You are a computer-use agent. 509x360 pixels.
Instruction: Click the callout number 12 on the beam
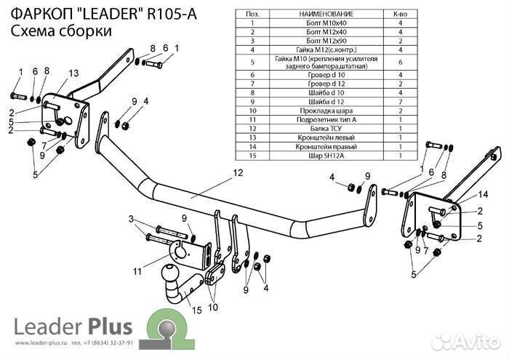point(237,173)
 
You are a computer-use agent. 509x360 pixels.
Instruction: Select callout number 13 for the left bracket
point(73,73)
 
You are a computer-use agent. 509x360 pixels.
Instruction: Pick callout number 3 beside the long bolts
point(131,219)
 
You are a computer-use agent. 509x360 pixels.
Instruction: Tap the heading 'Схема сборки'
point(62,31)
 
